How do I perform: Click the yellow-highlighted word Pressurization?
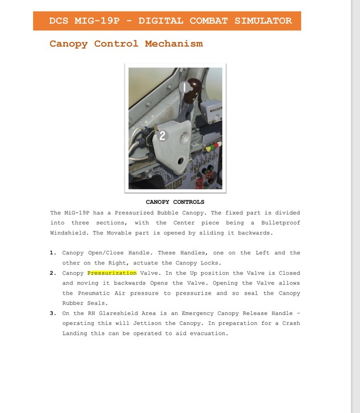[112, 273]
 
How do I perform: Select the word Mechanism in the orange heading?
[174, 44]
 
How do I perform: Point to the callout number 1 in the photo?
[185, 86]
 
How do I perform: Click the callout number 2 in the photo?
[162, 135]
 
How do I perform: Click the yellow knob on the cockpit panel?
[208, 148]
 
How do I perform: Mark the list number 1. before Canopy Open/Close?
[53, 253]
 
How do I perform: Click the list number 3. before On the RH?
[53, 313]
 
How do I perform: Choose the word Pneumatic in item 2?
[95, 294]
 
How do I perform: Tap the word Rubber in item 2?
[74, 303]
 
